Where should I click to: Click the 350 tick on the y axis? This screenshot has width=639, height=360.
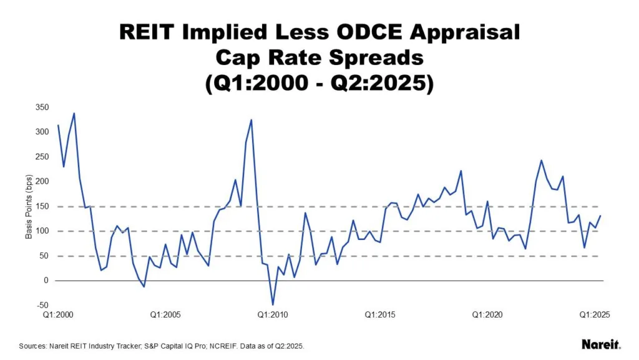coord(42,107)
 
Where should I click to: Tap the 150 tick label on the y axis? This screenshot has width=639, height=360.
coord(42,206)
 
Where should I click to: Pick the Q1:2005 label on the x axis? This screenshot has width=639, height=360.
coord(165,316)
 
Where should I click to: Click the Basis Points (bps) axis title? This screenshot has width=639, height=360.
coord(28,206)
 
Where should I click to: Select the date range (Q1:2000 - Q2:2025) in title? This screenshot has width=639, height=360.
coord(319,83)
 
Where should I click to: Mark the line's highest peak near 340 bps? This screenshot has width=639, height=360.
coord(74,113)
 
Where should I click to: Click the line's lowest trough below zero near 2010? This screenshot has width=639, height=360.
coord(273,304)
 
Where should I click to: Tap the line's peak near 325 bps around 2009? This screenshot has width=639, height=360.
coord(251,119)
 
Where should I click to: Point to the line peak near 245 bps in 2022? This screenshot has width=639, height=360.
coord(541,160)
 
